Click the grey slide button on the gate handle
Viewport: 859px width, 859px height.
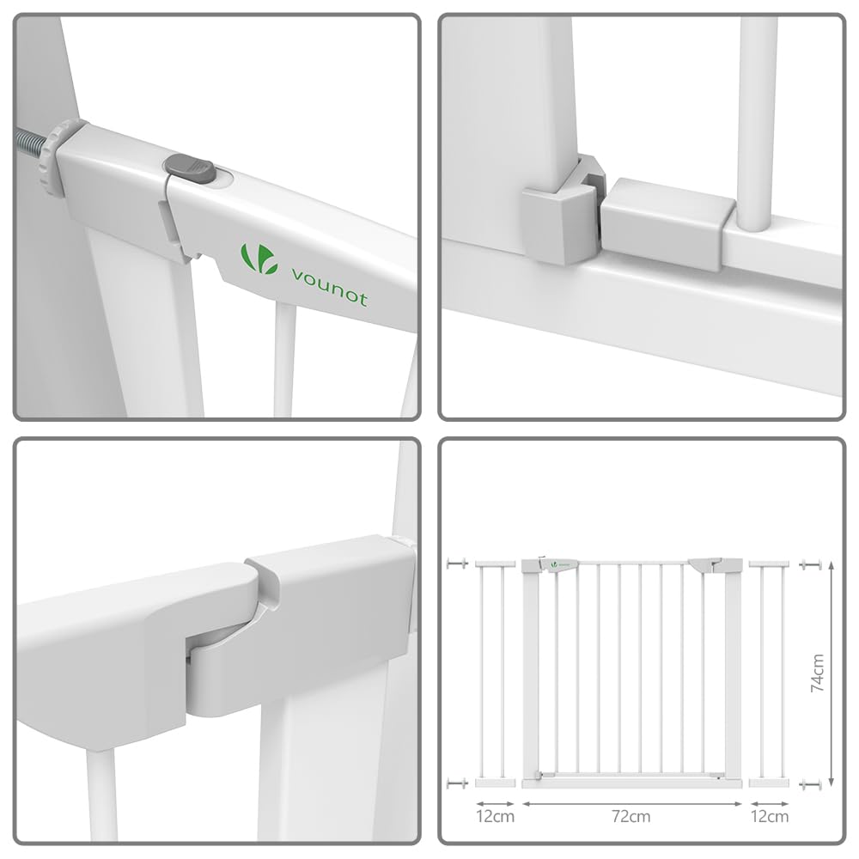click(x=189, y=168)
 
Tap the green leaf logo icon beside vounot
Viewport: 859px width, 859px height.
click(x=257, y=258)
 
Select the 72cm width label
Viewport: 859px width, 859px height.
click(x=631, y=817)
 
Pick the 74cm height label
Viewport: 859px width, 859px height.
click(x=818, y=673)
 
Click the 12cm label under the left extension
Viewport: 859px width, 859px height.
click(x=496, y=817)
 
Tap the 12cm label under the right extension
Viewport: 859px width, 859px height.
click(x=770, y=817)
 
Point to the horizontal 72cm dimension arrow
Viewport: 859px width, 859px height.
click(x=632, y=804)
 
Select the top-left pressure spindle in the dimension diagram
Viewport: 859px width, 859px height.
click(x=457, y=563)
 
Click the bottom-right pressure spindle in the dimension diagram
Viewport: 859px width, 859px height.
click(x=811, y=784)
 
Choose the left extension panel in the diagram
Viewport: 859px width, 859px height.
click(x=496, y=673)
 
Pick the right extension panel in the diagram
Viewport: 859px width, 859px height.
click(x=769, y=673)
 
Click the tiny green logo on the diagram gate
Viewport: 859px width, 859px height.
click(x=554, y=564)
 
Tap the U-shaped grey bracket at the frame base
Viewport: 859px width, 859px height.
click(x=562, y=211)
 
